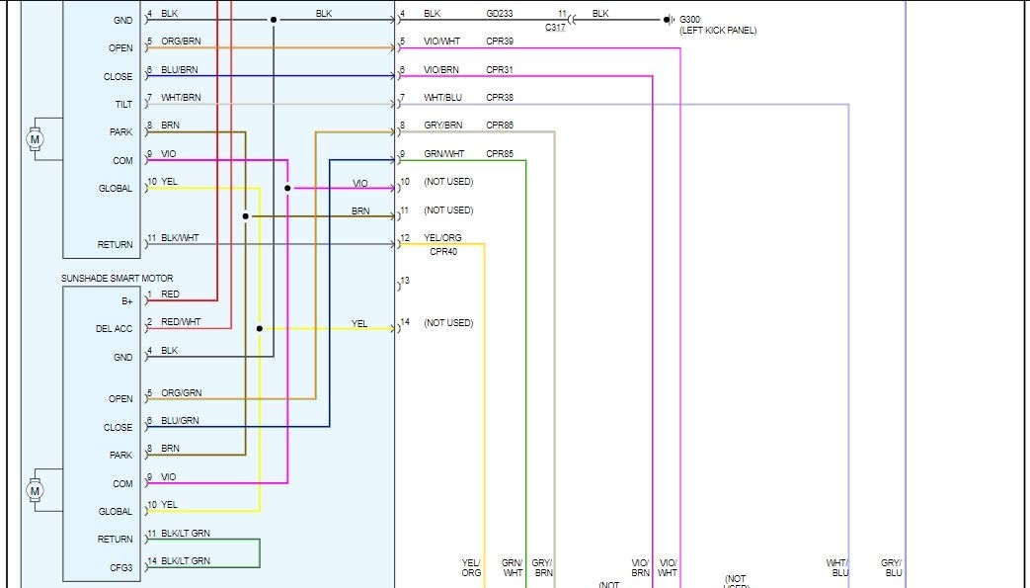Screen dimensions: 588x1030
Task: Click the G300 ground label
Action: pyautogui.click(x=689, y=19)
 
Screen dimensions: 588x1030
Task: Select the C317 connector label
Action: pyautogui.click(x=556, y=28)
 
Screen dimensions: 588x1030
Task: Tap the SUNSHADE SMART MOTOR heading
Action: pyautogui.click(x=131, y=279)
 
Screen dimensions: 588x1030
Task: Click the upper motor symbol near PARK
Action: pyautogui.click(x=36, y=139)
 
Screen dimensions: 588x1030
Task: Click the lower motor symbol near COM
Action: pyautogui.click(x=36, y=490)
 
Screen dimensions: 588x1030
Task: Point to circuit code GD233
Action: pyautogui.click(x=500, y=14)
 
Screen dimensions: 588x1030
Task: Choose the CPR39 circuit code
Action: pyautogui.click(x=500, y=42)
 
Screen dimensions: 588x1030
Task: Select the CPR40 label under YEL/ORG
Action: pyautogui.click(x=442, y=252)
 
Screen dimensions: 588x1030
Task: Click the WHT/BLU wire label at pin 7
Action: pyautogui.click(x=442, y=98)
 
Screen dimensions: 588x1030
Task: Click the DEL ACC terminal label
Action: pyautogui.click(x=114, y=329)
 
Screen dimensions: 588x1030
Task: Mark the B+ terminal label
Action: pyautogui.click(x=126, y=300)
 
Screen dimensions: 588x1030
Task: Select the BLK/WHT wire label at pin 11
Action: pyautogui.click(x=180, y=238)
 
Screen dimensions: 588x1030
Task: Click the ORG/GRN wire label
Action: pyautogui.click(x=181, y=393)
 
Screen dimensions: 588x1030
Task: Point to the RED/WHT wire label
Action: pyautogui.click(x=181, y=322)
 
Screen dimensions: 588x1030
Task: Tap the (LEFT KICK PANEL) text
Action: pyautogui.click(x=718, y=31)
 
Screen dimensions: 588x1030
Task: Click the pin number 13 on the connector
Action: pyautogui.click(x=405, y=282)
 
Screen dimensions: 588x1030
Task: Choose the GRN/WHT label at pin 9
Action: pyautogui.click(x=443, y=154)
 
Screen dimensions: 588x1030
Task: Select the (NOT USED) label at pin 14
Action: pyautogui.click(x=448, y=323)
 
